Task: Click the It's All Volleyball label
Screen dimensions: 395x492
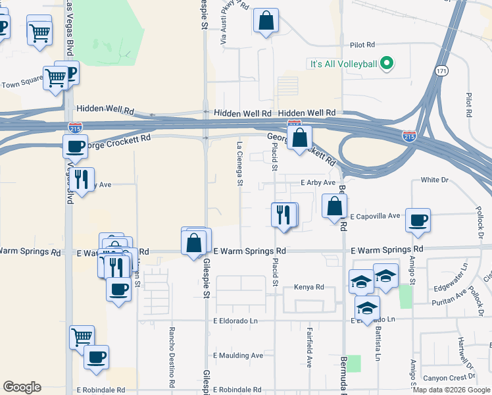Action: [x=343, y=64]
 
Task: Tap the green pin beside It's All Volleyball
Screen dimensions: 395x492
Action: [x=387, y=64]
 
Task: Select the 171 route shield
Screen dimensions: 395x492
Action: [x=440, y=70]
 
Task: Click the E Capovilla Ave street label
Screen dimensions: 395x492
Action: [x=375, y=216]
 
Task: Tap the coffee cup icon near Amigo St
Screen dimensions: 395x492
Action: [x=417, y=220]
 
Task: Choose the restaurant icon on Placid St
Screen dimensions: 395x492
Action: [x=283, y=215]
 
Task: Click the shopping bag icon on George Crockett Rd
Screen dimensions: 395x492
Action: [x=299, y=138]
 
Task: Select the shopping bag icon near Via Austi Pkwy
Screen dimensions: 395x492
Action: [x=266, y=20]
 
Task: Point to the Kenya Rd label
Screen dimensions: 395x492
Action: [x=310, y=287]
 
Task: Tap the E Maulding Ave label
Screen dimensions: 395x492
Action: [x=237, y=355]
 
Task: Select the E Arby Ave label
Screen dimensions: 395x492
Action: [x=318, y=182]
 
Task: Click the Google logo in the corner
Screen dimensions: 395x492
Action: [x=22, y=387]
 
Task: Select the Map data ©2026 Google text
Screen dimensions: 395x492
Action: [x=451, y=390]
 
